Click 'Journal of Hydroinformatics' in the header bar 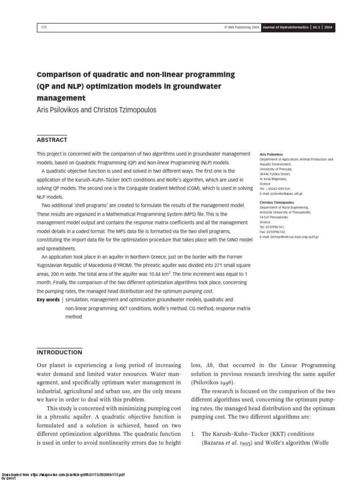coord(285,28)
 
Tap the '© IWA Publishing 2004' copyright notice coord(242,28)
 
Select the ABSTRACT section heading coord(52,140)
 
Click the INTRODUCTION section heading coord(59,352)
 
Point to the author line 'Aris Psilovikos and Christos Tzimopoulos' coord(97,110)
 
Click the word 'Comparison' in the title coord(58,75)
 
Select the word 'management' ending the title coord(61,98)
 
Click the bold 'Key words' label coord(48,300)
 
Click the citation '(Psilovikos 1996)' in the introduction coord(211,382)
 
